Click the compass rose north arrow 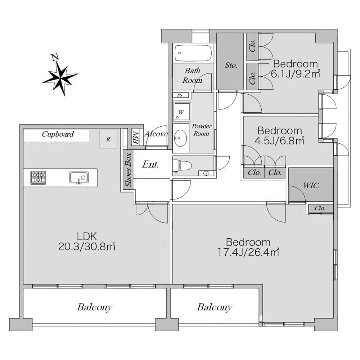pyautogui.click(x=60, y=75)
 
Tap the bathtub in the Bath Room pyautogui.click(x=193, y=53)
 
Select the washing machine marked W pyautogui.click(x=182, y=112)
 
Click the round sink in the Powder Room pyautogui.click(x=180, y=138)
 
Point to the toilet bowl pyautogui.click(x=182, y=166)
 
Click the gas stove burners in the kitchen pyautogui.click(x=38, y=178)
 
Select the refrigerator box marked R pyautogui.click(x=108, y=139)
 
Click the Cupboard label pyautogui.click(x=58, y=134)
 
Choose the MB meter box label pyautogui.click(x=136, y=138)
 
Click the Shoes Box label pyautogui.click(x=128, y=170)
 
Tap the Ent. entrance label pyautogui.click(x=150, y=164)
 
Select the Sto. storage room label pyautogui.click(x=231, y=66)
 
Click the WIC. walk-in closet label pyautogui.click(x=311, y=185)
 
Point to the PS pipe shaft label pyautogui.click(x=180, y=95)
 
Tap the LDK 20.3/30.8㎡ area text pyautogui.click(x=87, y=242)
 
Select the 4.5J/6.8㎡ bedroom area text pyautogui.click(x=279, y=140)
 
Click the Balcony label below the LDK pyautogui.click(x=95, y=307)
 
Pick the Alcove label pyautogui.click(x=156, y=134)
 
